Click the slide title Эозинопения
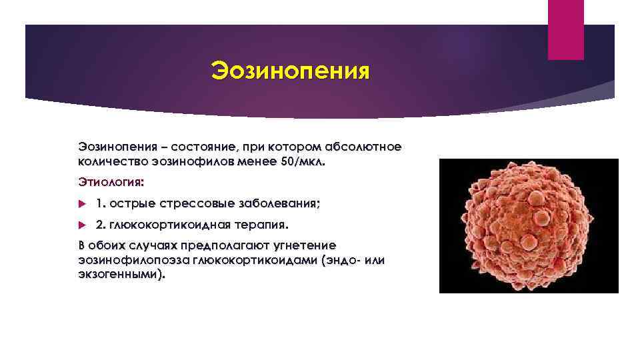click(289, 69)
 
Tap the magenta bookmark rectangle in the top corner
click(565, 29)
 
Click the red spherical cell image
click(529, 225)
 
